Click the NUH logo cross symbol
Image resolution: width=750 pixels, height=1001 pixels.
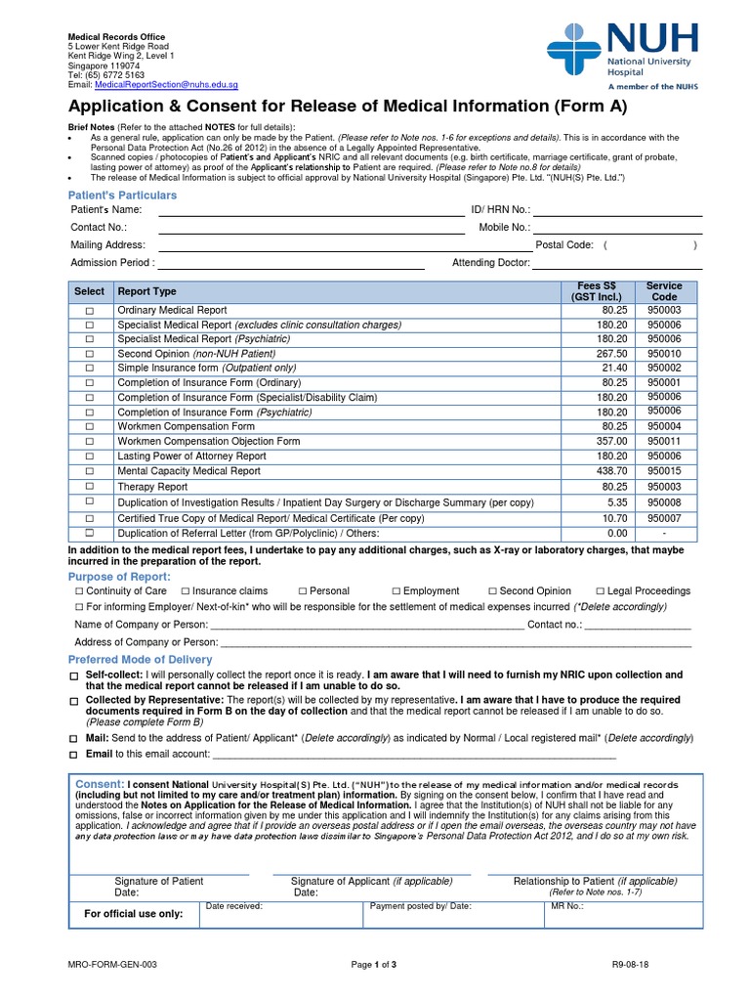tap(575, 50)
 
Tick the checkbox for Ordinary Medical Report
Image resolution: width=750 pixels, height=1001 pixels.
tap(89, 310)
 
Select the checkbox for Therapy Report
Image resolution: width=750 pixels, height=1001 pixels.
tap(89, 486)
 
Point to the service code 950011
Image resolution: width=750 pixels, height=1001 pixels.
tap(664, 441)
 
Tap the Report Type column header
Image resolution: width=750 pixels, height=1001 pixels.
tap(146, 291)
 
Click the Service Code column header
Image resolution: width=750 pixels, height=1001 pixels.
tap(664, 291)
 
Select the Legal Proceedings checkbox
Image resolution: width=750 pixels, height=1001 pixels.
tap(601, 591)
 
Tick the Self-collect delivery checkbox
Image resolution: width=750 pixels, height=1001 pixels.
tap(75, 676)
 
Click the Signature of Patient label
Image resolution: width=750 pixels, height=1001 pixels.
tap(159, 881)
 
